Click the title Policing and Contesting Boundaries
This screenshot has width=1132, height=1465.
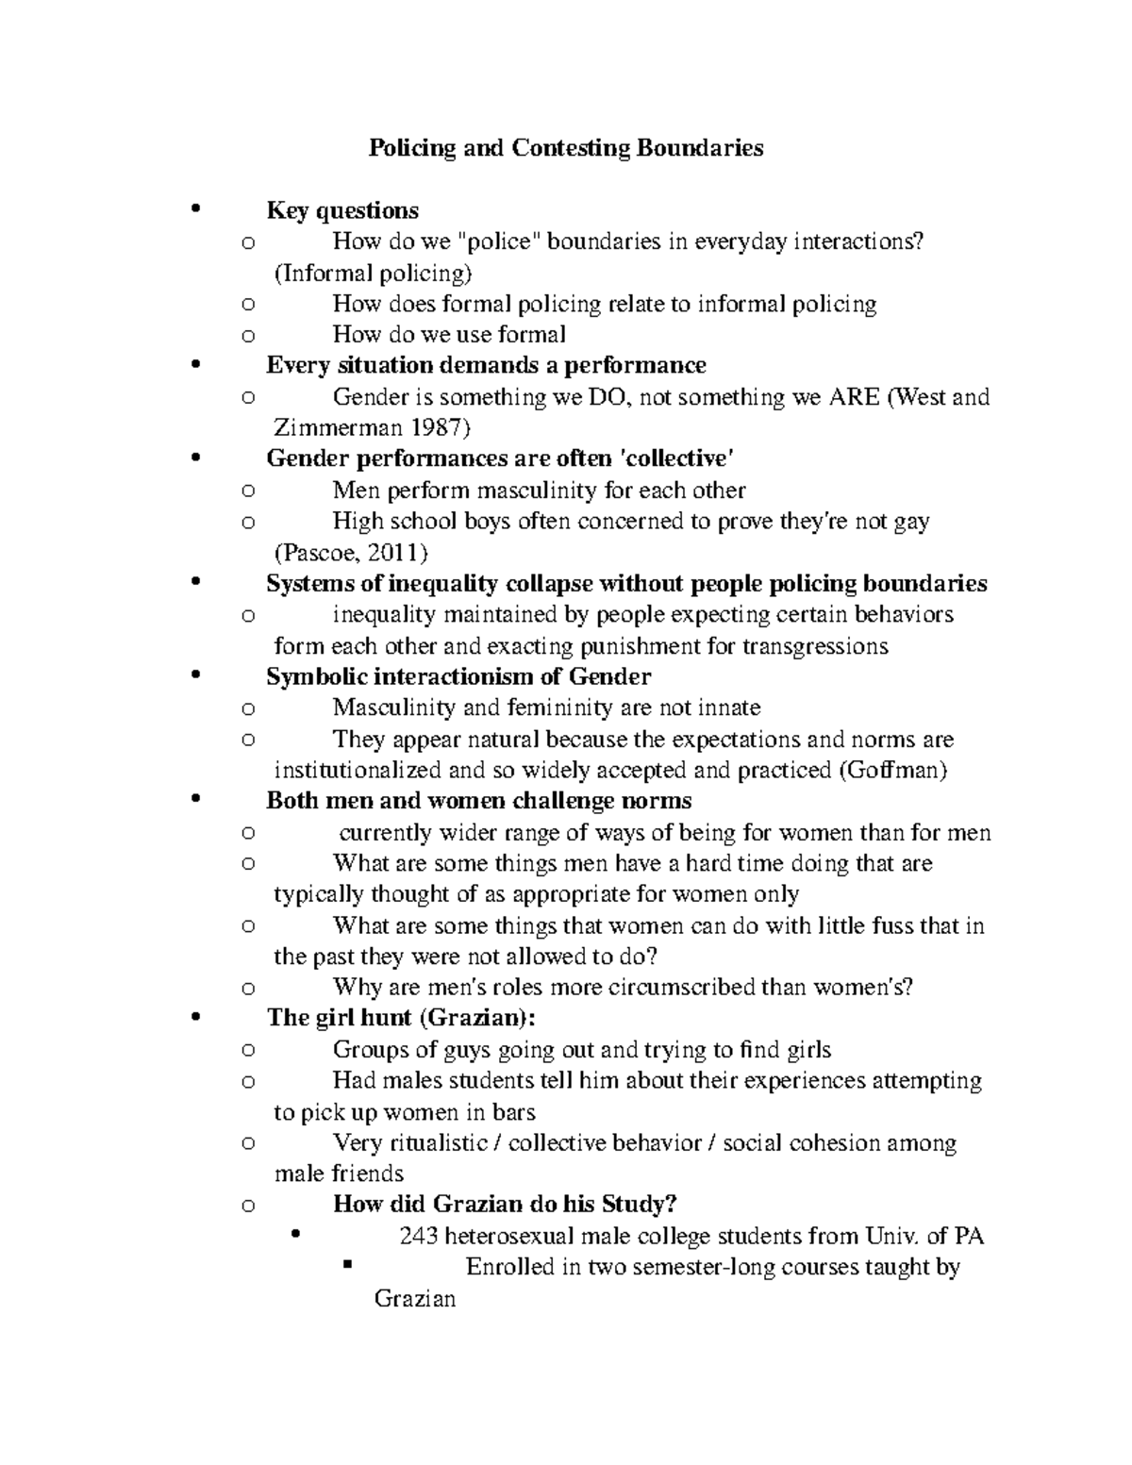click(x=565, y=148)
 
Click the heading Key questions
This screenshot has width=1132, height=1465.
click(x=342, y=210)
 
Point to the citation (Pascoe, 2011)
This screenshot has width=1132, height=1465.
click(x=351, y=553)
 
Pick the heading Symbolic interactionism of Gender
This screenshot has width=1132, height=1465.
click(x=458, y=677)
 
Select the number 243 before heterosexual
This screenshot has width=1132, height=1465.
click(x=419, y=1236)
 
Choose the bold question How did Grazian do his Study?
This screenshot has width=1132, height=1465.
click(x=505, y=1205)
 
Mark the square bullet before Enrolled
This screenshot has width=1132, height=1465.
click(x=347, y=1265)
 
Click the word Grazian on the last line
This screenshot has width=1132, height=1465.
click(x=415, y=1299)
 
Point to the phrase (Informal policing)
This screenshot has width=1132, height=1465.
click(x=373, y=274)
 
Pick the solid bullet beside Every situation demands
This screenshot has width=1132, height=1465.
click(x=195, y=365)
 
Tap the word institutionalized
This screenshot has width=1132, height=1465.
click(x=358, y=771)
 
